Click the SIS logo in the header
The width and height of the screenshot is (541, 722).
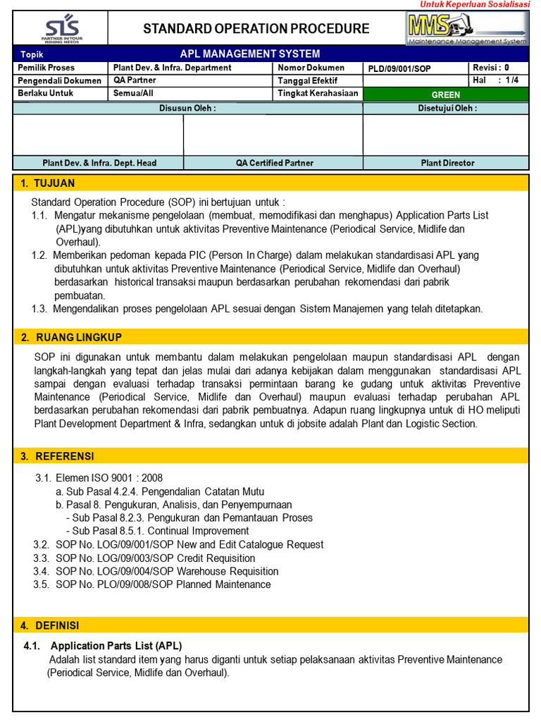(61, 28)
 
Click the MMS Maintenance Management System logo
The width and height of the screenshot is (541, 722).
(467, 28)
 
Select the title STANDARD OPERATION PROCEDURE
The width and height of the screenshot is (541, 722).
(256, 29)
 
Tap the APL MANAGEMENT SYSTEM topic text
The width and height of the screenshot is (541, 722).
(250, 54)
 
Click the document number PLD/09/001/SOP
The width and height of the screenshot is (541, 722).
(399, 68)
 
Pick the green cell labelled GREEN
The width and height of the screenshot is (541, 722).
(445, 94)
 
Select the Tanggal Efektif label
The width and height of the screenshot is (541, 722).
(308, 80)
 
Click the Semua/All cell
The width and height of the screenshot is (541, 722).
(133, 93)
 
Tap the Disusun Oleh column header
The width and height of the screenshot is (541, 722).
(187, 108)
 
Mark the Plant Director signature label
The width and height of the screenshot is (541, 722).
(447, 163)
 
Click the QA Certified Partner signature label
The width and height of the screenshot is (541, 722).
(274, 163)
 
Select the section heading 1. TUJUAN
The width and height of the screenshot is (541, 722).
(48, 183)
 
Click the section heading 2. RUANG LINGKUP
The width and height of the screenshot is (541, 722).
(70, 337)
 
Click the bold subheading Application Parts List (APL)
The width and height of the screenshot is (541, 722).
(116, 646)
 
